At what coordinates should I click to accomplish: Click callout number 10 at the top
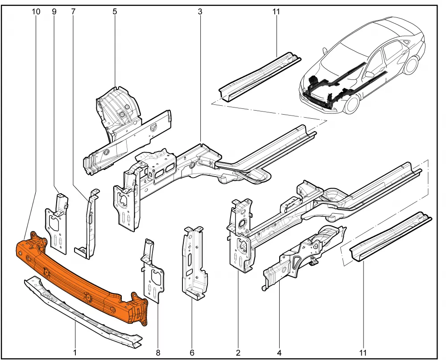(x=36, y=12)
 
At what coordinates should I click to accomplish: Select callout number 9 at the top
(x=54, y=12)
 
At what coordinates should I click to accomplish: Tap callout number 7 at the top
(x=73, y=12)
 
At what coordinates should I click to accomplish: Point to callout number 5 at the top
(x=115, y=12)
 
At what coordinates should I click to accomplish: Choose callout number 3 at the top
(x=199, y=12)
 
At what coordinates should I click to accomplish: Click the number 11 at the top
(x=275, y=12)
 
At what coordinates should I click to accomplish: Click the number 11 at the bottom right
(x=363, y=353)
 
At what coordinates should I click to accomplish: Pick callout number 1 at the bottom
(x=75, y=353)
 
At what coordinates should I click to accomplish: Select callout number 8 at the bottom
(x=158, y=353)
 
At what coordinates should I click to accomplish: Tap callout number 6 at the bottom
(x=192, y=353)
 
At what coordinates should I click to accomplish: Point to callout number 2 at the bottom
(x=238, y=353)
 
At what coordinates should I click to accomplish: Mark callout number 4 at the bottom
(x=279, y=353)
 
